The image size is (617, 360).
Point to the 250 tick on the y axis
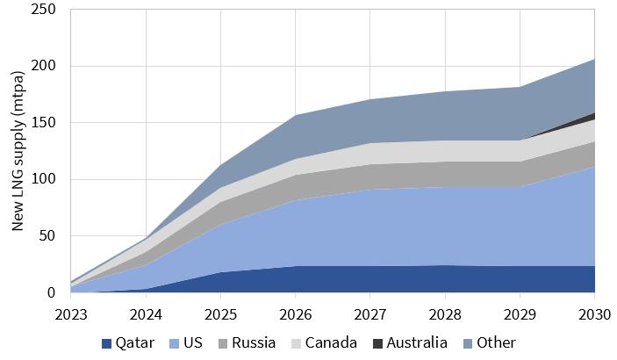tap(44, 10)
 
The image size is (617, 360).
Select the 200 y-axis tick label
tap(44, 67)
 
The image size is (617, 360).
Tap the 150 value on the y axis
tap(44, 123)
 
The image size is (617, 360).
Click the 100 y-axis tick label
tap(44, 180)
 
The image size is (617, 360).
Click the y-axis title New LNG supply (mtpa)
tap(18, 151)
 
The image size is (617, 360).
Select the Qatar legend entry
tap(131, 343)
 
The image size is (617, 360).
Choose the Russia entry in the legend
tap(248, 343)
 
